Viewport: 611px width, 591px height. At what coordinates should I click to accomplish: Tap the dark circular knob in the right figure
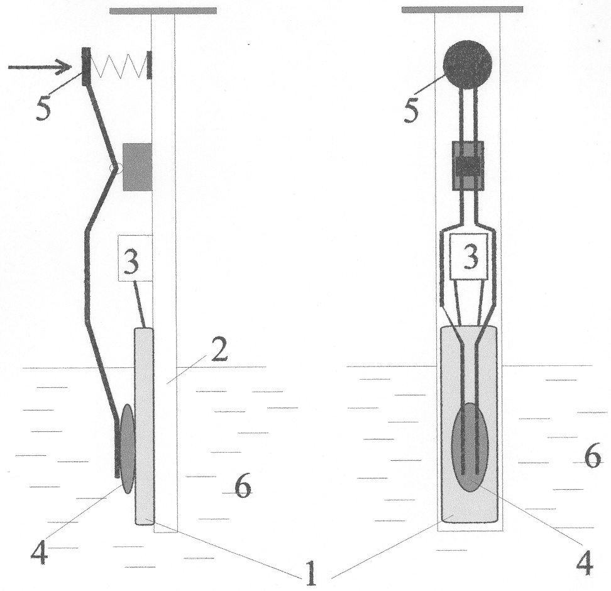coord(468,64)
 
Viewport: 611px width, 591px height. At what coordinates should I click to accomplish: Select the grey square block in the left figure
coord(137,167)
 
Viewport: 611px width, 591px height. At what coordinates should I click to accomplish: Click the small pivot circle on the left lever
coord(116,168)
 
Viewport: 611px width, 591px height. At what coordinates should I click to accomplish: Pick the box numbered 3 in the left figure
coord(135,258)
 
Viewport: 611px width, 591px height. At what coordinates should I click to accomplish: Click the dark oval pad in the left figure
coord(128,449)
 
